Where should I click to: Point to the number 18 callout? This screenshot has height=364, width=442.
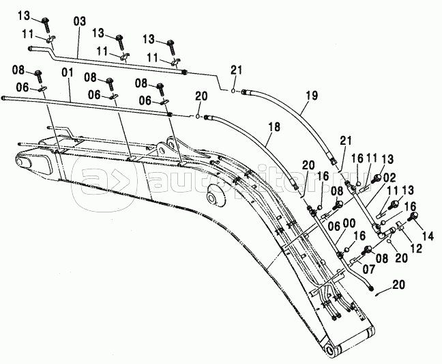pos(273,126)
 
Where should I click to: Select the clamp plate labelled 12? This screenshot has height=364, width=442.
pos(397,227)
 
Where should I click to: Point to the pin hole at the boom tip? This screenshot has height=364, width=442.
pos(332,350)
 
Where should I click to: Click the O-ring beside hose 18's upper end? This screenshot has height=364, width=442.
pos(199,116)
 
